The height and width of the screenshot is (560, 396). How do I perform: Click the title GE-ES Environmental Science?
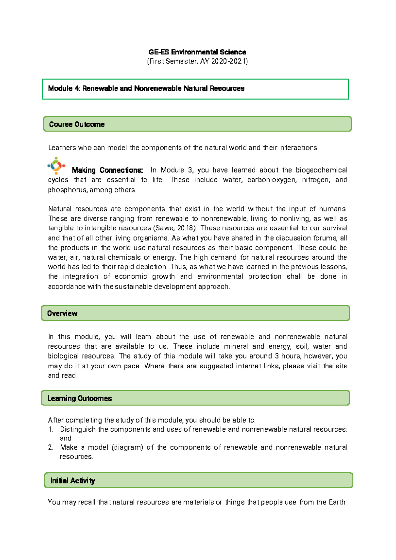(197, 52)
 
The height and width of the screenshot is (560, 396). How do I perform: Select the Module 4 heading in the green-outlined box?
(146, 88)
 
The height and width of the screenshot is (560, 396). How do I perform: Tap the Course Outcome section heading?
(77, 124)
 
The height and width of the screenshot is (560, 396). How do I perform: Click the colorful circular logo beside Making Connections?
(56, 165)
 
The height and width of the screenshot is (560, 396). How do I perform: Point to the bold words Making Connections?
(107, 170)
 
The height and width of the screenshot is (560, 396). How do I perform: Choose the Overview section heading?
(62, 314)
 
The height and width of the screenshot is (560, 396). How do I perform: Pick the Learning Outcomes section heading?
(80, 399)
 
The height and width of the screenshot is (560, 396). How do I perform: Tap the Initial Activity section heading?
(73, 481)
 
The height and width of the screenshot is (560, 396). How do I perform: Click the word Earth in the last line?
(337, 502)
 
